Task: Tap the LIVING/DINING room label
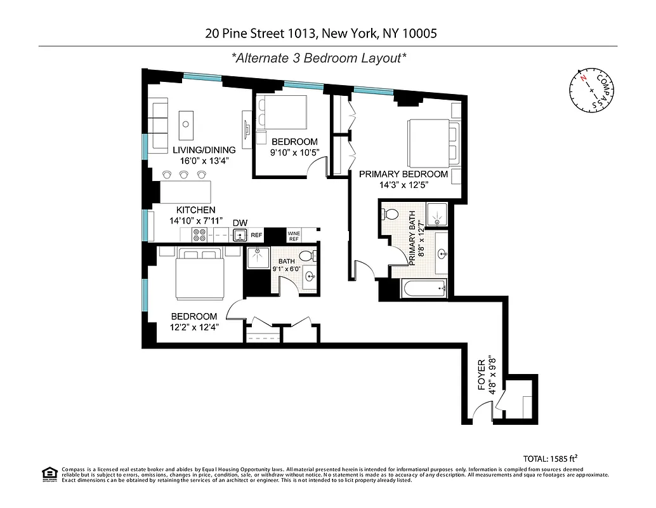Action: coord(204,150)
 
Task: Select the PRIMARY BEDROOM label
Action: coord(403,174)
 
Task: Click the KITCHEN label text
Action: coord(195,210)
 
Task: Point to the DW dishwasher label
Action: coord(240,223)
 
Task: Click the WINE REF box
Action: coord(294,236)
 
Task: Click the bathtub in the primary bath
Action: coord(424,289)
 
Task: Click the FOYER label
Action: coord(482,374)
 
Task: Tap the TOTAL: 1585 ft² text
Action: coord(550,457)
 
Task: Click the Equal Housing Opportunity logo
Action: coord(49,474)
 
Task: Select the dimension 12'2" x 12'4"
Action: coord(194,328)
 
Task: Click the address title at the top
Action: coord(321,33)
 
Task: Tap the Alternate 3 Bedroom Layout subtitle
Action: coord(319,58)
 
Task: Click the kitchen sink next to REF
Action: coord(240,236)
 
